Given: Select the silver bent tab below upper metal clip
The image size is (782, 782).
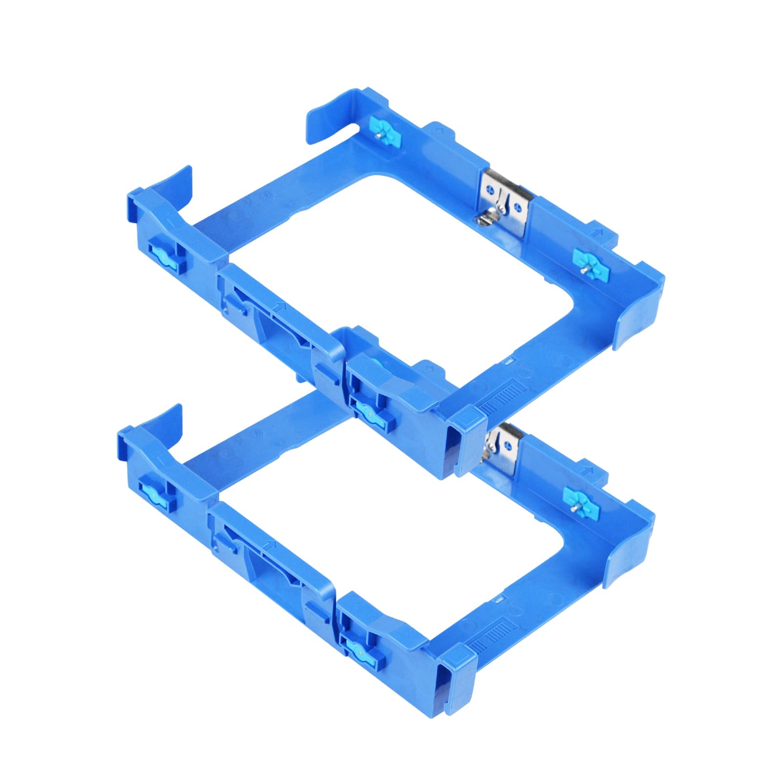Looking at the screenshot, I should pos(489,218).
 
